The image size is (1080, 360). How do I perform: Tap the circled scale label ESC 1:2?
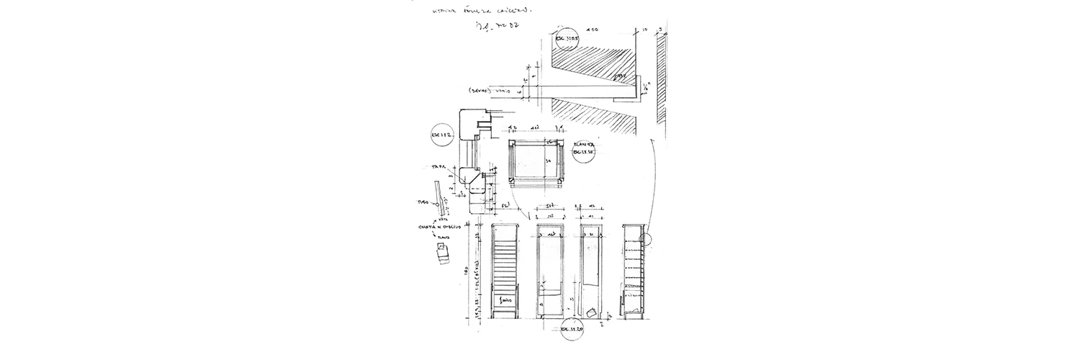(x=440, y=135)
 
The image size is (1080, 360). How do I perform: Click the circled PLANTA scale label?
(x=582, y=153)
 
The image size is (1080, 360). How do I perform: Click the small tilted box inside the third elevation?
(x=593, y=313)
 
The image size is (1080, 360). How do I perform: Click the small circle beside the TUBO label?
(x=436, y=205)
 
